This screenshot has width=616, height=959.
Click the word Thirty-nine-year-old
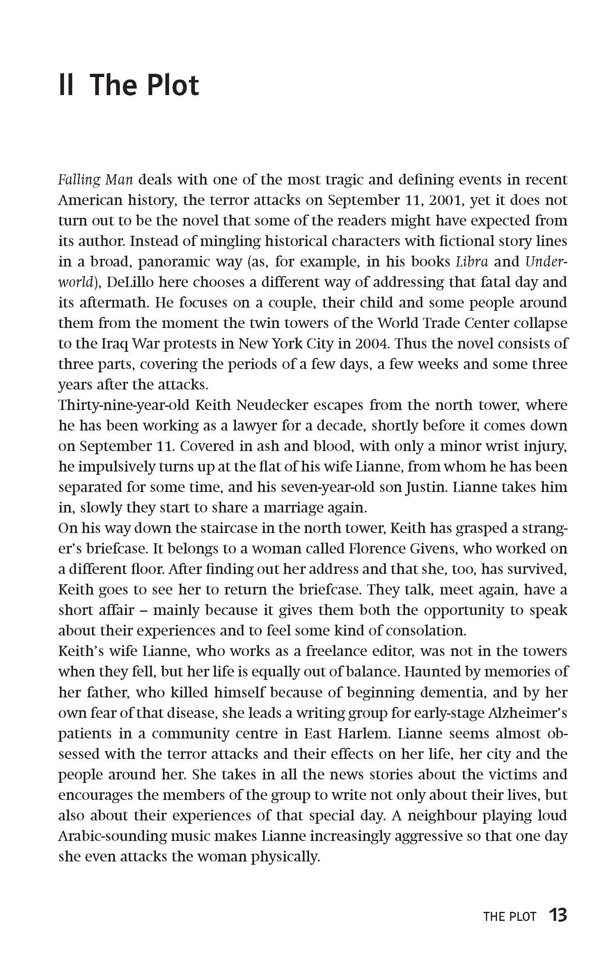(x=124, y=405)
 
